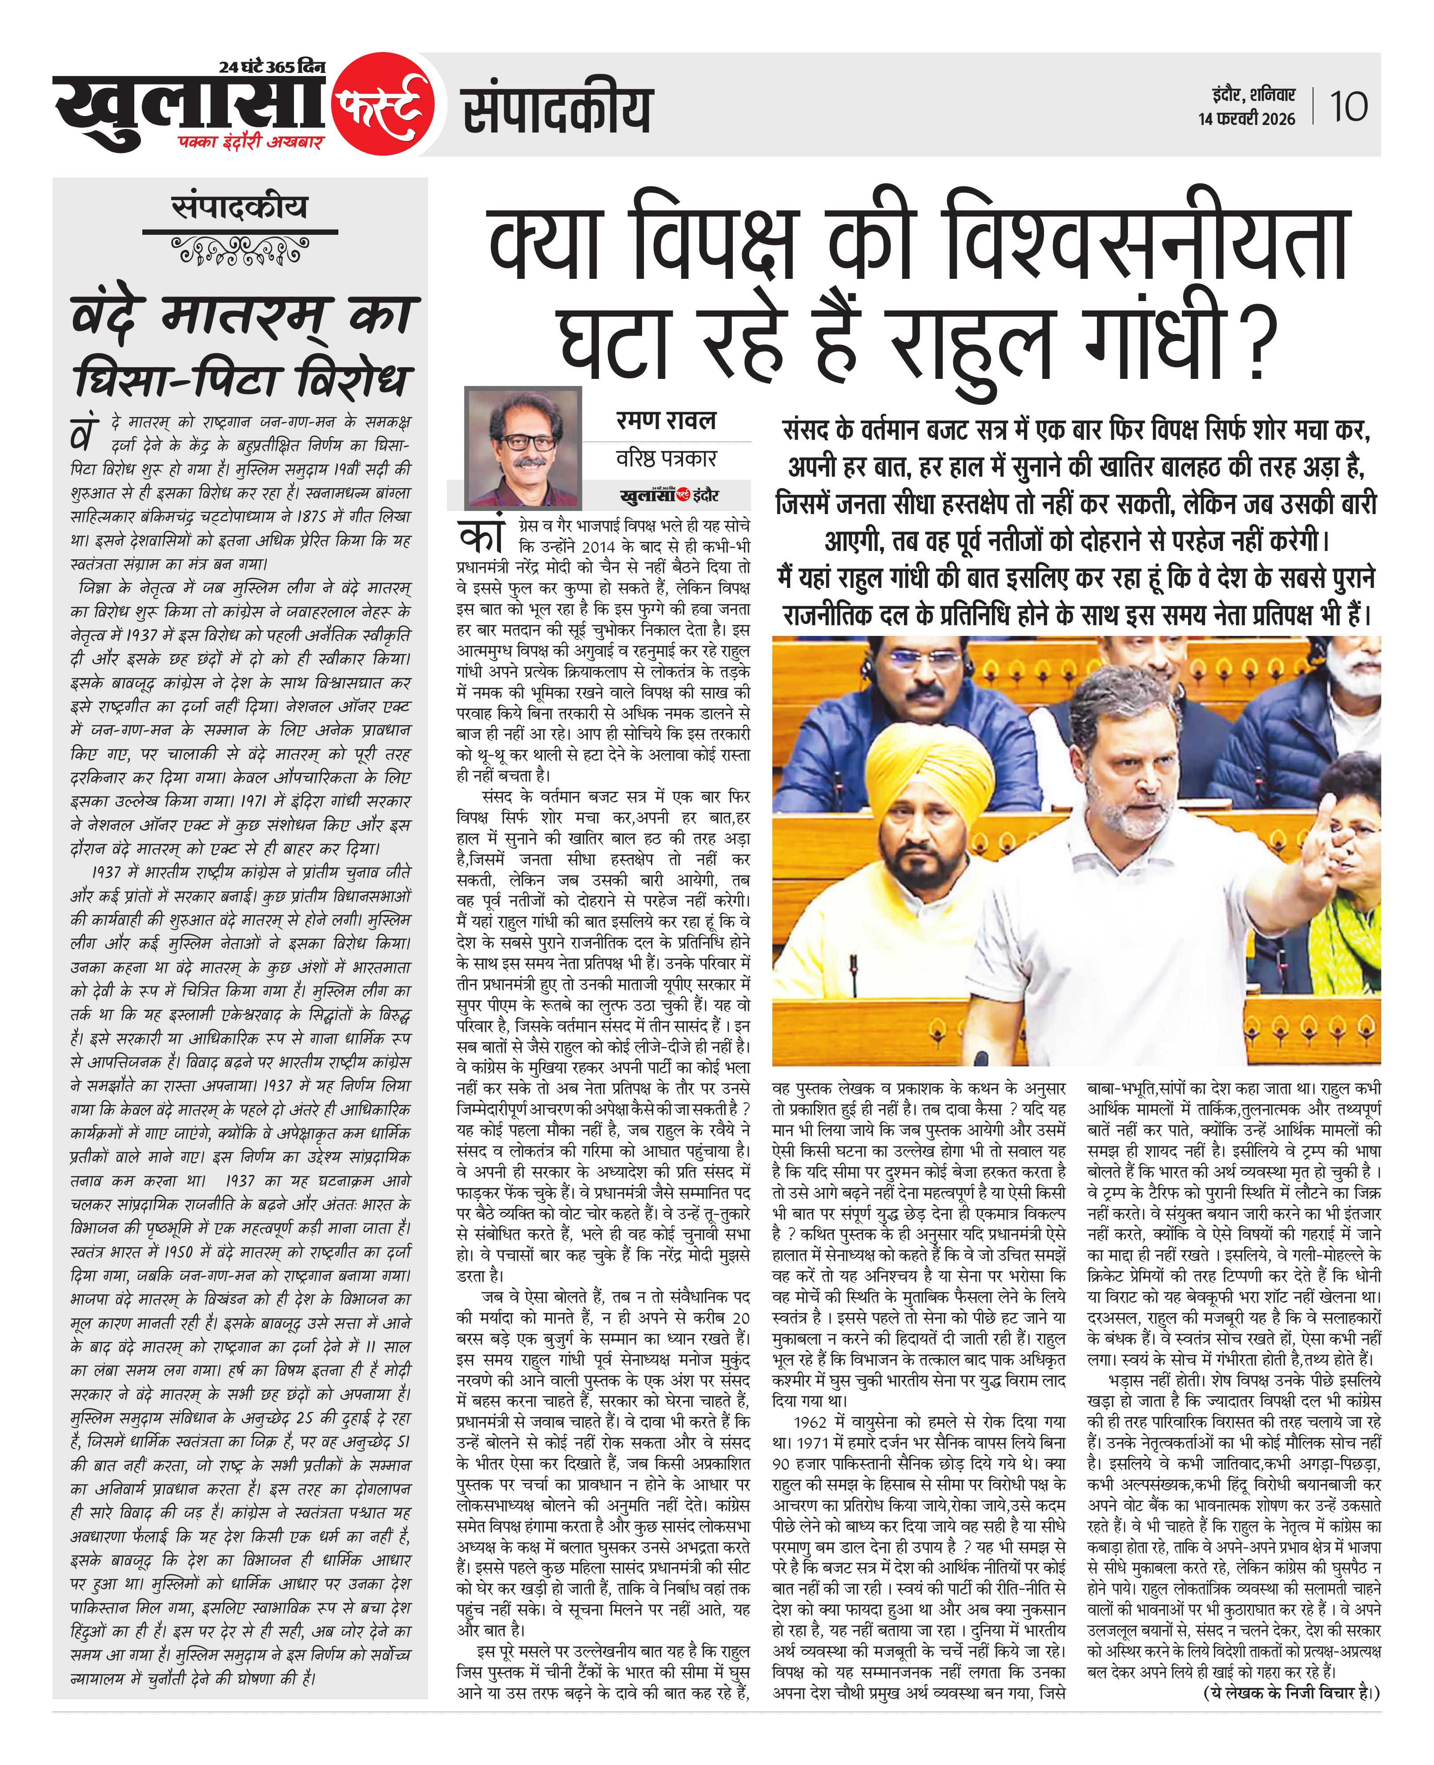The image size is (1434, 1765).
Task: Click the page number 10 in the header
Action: click(1348, 107)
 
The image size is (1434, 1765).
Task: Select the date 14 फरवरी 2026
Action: click(1246, 119)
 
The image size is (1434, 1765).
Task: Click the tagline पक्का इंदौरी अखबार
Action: click(250, 142)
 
